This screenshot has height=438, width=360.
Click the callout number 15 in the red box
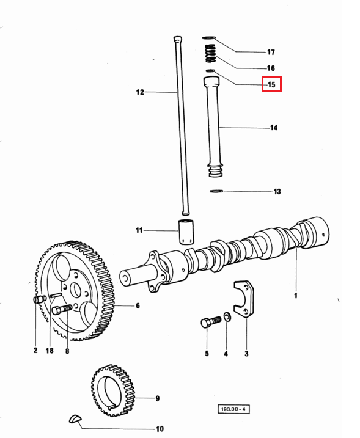271,84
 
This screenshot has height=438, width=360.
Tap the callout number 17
271,52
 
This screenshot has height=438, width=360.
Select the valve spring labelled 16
211,53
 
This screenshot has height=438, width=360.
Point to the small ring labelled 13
216,191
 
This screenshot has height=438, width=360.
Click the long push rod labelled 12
181,126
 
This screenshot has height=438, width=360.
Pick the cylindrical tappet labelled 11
186,232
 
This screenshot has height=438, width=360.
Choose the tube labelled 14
213,127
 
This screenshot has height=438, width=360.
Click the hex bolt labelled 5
211,321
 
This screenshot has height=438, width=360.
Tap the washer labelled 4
227,317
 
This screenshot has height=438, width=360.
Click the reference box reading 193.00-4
233,409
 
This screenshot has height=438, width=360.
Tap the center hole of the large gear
75,291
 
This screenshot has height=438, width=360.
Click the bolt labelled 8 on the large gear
62,309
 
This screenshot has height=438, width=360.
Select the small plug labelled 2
40,299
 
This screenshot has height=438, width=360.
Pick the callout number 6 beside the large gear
138,305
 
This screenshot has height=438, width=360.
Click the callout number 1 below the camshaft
296,295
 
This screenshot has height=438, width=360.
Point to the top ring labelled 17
208,37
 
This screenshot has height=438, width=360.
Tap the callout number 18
50,350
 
